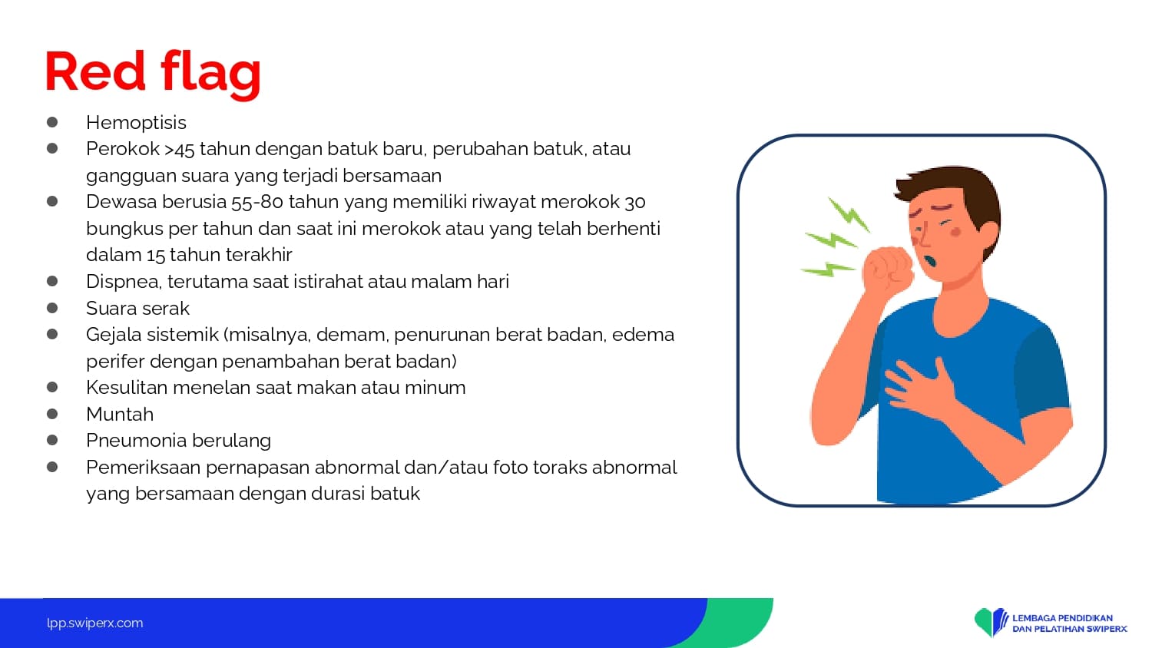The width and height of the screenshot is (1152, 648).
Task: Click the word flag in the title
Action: click(211, 74)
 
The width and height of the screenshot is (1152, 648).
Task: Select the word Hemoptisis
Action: click(136, 123)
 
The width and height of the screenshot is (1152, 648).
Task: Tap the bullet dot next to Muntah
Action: click(52, 414)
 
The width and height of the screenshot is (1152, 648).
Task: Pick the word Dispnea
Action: click(124, 282)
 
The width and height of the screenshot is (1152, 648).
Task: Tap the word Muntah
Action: click(120, 414)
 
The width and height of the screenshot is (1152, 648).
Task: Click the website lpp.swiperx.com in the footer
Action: click(95, 623)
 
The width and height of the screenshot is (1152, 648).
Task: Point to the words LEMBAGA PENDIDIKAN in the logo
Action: click(1062, 617)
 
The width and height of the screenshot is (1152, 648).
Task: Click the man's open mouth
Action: click(930, 261)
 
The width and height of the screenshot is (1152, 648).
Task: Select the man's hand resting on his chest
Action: click(921, 385)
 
